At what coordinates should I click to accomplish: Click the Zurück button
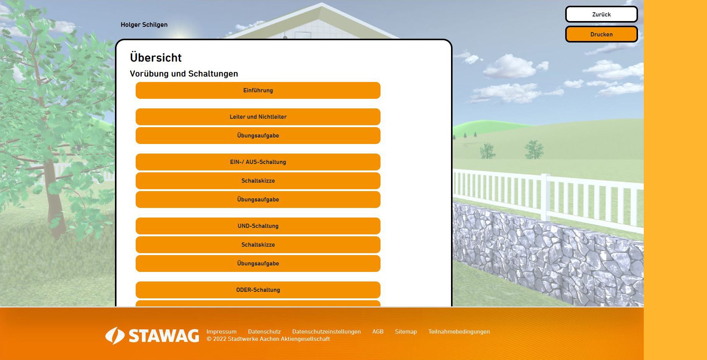click(601, 14)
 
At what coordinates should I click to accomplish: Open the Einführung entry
click(258, 90)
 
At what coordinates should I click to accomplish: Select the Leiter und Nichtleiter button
click(258, 117)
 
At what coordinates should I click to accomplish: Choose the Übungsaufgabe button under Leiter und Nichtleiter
click(258, 136)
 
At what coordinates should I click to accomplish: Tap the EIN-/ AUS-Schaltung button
click(258, 162)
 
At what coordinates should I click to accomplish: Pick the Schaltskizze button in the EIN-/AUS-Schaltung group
click(258, 181)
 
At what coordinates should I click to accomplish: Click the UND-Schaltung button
click(258, 226)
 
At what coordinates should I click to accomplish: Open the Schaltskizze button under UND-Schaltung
click(258, 245)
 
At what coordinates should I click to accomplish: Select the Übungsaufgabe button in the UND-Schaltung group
click(258, 263)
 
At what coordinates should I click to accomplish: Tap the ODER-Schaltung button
click(258, 290)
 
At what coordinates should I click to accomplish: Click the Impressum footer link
click(221, 332)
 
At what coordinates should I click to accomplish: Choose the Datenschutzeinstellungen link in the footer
click(326, 332)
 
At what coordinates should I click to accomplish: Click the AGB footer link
click(378, 332)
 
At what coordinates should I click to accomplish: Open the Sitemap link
click(406, 332)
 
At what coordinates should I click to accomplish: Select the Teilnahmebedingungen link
click(459, 332)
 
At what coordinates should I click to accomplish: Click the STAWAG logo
click(152, 336)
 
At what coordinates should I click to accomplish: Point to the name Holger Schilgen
click(144, 25)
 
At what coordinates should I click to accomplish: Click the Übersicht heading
click(156, 57)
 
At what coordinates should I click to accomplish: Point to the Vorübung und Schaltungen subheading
click(184, 74)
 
